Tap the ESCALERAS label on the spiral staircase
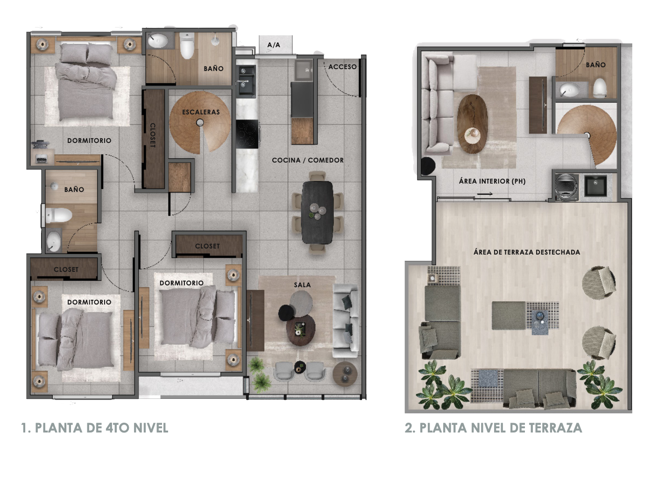coord(201,112)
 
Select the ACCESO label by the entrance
coord(342,67)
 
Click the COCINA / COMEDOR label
coord(308,160)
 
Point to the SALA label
coord(302,285)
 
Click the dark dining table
coord(317,213)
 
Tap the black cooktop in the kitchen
coord(247,134)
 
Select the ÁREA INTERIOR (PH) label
coord(492,181)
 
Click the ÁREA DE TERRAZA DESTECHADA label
coord(526,252)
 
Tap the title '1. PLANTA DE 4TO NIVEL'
coord(95,428)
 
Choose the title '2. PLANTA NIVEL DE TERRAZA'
coord(493,428)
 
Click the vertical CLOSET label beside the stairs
coord(153,135)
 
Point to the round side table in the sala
coord(345,374)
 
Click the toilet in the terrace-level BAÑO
coord(600,87)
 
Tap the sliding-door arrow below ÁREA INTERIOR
coord(485,194)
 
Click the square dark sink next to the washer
coord(595,186)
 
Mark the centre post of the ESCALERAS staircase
coord(200,122)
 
